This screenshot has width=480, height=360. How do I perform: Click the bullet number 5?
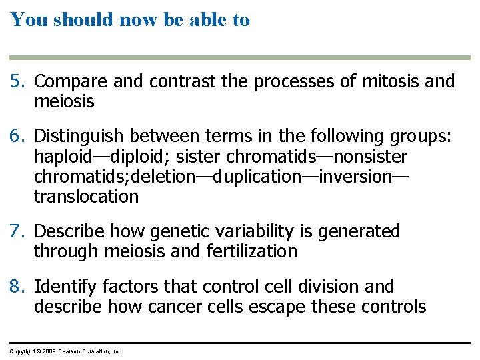18,82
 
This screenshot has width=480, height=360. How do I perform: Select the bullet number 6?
18,137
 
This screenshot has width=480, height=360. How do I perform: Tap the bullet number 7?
18,231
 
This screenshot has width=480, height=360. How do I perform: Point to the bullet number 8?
18,287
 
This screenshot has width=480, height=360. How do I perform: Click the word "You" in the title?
28,20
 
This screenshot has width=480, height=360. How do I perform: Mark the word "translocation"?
86,197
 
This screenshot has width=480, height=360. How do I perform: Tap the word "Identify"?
62,287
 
